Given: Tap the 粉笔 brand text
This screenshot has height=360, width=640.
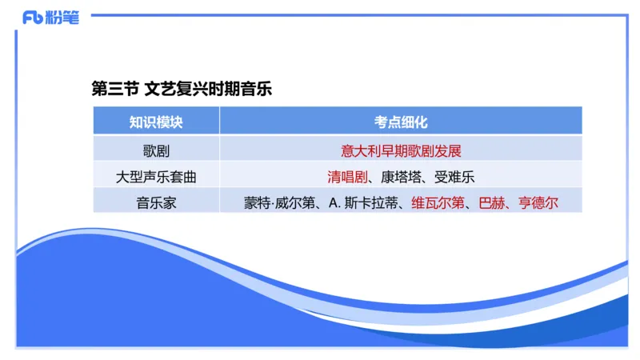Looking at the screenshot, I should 65,18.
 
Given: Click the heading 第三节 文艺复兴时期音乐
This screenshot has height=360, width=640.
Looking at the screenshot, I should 182,89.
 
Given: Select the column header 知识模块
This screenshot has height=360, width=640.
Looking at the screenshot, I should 156,122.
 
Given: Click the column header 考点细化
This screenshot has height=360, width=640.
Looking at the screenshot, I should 401,122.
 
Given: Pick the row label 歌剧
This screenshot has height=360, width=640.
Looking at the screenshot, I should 156,150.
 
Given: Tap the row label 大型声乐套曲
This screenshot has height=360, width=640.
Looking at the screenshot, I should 156,176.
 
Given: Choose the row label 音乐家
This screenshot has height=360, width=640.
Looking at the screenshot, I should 156,202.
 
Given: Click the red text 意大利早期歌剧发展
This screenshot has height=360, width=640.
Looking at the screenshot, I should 401,150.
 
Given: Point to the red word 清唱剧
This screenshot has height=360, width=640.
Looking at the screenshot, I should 346,176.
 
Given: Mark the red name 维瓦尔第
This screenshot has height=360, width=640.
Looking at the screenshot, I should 437,202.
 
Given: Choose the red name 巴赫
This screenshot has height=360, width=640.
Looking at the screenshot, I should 491,202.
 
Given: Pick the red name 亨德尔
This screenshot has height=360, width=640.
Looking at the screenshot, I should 538,202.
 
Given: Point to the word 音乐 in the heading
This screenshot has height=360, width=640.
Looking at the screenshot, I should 254,89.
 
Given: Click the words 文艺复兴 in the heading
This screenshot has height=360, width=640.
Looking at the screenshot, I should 174,89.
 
